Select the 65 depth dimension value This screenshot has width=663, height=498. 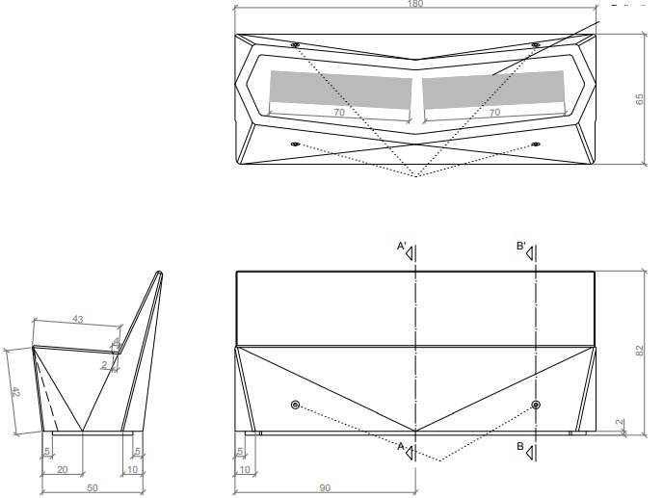coord(639,100)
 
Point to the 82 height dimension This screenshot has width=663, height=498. coord(639,353)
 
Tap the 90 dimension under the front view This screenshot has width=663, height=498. coord(326,487)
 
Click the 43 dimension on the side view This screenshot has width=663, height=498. coord(78,319)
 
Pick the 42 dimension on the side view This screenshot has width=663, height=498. coord(13,391)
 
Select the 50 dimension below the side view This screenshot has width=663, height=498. coord(93,487)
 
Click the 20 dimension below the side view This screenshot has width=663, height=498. coord(62,469)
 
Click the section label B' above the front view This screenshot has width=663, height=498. coord(521,248)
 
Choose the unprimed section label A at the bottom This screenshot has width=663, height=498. coord(401,446)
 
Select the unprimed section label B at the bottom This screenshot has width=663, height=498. coord(520,446)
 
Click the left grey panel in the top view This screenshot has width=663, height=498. coord(340,92)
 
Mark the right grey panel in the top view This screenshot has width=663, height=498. coord(494,89)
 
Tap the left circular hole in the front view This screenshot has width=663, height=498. coord(296,404)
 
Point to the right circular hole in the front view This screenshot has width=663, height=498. coord(536,404)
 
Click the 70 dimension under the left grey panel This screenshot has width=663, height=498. coord(338,113)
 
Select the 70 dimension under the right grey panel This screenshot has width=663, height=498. coord(494,113)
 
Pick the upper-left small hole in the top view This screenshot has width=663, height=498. coord(295,45)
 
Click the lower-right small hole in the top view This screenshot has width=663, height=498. coord(536,144)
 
